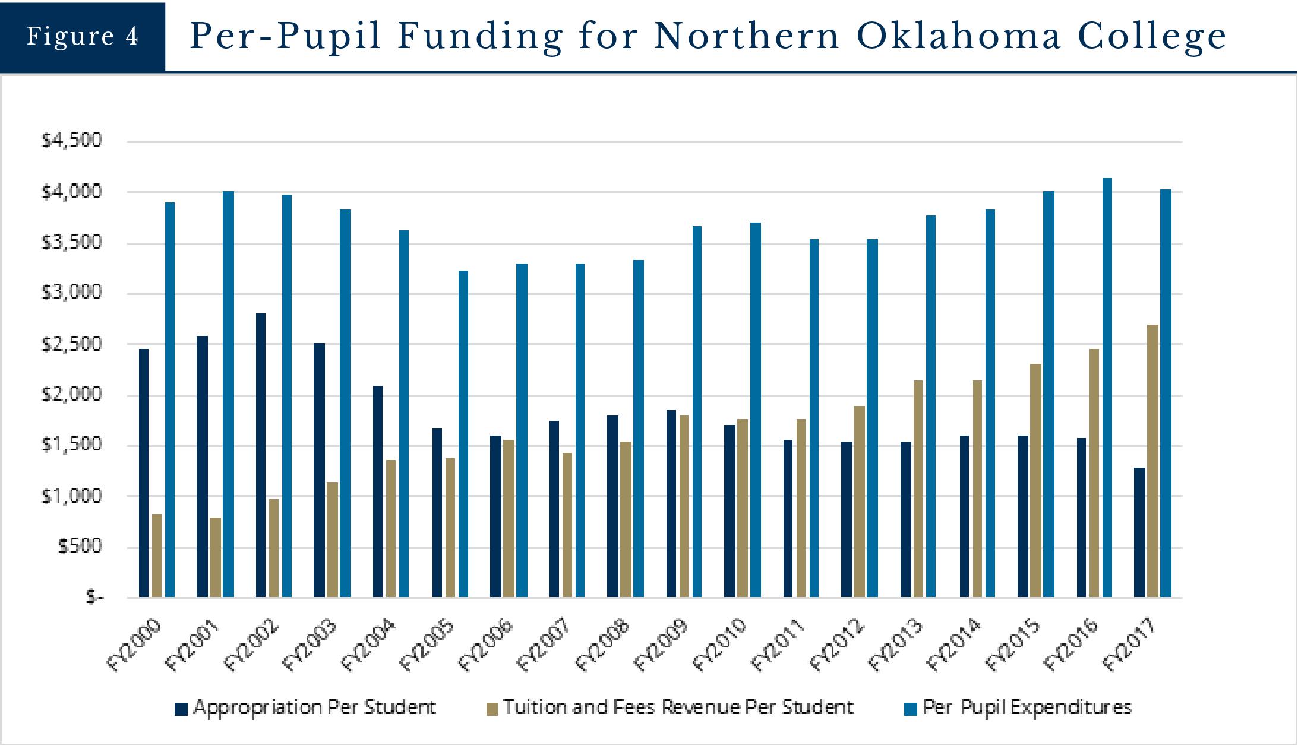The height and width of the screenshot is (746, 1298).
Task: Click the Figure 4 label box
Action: click(83, 37)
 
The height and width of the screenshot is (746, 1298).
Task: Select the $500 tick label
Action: click(80, 546)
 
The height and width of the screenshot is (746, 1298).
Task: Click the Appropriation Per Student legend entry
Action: click(306, 707)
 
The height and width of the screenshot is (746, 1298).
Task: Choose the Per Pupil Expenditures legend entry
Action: click(1018, 707)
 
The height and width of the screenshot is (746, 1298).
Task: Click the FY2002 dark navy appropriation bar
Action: click(261, 455)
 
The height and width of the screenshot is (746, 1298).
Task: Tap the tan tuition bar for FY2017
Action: click(1152, 461)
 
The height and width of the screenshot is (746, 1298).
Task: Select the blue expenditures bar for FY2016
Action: click(1107, 388)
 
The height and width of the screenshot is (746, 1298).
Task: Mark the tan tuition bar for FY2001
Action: click(215, 557)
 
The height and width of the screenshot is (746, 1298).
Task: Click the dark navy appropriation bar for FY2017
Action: click(1139, 532)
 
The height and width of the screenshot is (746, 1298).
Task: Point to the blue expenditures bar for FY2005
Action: click(463, 434)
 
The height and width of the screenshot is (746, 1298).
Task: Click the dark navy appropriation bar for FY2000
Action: click(144, 473)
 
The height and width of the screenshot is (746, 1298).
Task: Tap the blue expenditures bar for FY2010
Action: click(756, 409)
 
